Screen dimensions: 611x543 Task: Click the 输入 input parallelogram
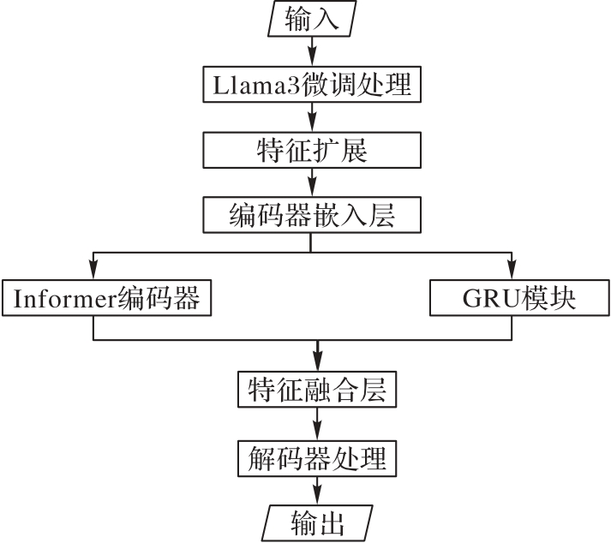312,19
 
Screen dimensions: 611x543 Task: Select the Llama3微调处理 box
312,85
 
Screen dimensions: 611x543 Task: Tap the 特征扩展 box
312,150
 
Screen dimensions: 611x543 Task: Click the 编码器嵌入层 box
312,215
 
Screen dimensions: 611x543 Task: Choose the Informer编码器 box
107,297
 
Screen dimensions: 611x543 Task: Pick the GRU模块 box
519,297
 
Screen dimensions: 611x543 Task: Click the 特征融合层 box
317,390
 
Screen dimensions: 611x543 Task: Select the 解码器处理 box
317,458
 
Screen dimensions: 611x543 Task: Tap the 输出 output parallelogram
317,523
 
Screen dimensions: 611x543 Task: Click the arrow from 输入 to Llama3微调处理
312,51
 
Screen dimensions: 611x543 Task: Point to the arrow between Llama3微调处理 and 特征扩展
312,117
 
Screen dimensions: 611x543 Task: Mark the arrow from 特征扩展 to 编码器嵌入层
312,182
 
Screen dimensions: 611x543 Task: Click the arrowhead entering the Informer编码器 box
93,270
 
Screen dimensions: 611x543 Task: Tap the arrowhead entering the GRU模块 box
512,270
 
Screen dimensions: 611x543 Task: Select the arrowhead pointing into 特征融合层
318,361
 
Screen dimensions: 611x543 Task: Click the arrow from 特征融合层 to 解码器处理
317,424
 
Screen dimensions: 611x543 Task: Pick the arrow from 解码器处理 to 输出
317,492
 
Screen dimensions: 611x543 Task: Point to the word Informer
65,298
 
